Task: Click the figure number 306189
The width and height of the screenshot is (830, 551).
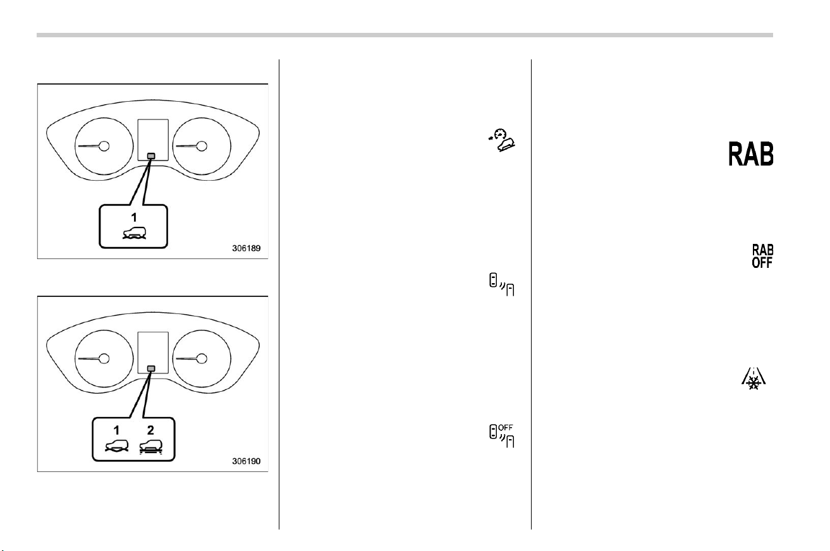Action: point(247,248)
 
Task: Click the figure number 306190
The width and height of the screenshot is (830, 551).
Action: point(247,461)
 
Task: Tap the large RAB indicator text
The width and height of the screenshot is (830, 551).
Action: point(751,154)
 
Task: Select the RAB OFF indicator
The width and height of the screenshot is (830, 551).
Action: point(762,256)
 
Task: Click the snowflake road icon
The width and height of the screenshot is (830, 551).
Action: point(754,378)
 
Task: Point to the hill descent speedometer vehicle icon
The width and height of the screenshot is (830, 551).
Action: point(502,140)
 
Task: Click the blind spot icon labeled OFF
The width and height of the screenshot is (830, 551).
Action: point(501,436)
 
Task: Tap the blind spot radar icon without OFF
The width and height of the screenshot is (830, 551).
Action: point(501,284)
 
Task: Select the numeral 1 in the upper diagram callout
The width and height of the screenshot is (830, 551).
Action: point(134,217)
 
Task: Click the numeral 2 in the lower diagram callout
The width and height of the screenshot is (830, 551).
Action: point(150,430)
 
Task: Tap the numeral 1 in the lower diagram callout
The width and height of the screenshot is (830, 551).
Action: point(116,430)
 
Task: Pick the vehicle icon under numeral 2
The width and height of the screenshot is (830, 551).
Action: point(151,447)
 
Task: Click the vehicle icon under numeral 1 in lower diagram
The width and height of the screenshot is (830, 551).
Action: point(117,446)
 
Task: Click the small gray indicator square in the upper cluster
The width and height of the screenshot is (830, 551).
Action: point(151,156)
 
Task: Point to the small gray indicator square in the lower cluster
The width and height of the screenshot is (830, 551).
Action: point(151,368)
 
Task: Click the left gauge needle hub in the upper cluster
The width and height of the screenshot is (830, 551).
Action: point(104,146)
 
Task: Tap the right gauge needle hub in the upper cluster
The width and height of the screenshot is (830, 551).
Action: point(202,146)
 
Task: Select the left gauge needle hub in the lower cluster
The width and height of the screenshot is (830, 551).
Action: point(104,358)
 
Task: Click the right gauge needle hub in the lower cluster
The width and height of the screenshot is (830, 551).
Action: point(202,358)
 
